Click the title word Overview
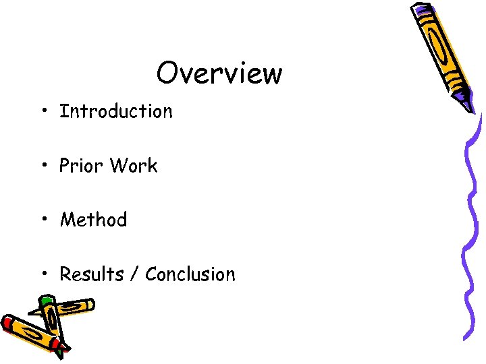pos(219,73)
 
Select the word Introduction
pos(116,111)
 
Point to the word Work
pos(134,166)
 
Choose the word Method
pos(93,220)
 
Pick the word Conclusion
pos(190,274)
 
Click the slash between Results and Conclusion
pos(136,275)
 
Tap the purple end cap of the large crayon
pos(420,9)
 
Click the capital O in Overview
pos(167,73)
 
